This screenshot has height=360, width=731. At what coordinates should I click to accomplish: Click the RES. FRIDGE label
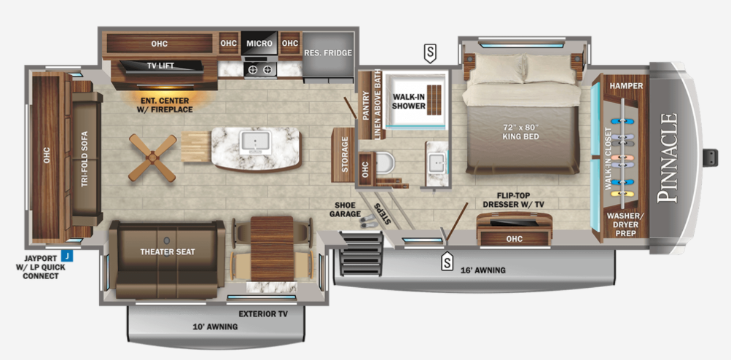(328, 53)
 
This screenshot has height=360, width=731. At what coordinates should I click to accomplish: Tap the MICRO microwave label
(259, 44)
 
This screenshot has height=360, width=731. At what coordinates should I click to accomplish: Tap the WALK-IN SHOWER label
(409, 101)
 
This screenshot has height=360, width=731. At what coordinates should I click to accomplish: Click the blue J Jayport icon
(66, 256)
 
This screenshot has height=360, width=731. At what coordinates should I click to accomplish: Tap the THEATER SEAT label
(168, 252)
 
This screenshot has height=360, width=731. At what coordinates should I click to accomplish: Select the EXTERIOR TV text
(263, 313)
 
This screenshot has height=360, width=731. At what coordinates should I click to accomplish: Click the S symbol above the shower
(431, 52)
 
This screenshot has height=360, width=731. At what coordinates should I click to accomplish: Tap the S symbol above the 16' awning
(446, 262)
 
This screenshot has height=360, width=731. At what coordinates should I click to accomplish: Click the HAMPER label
(626, 86)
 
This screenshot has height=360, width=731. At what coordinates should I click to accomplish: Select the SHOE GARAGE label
(348, 209)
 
